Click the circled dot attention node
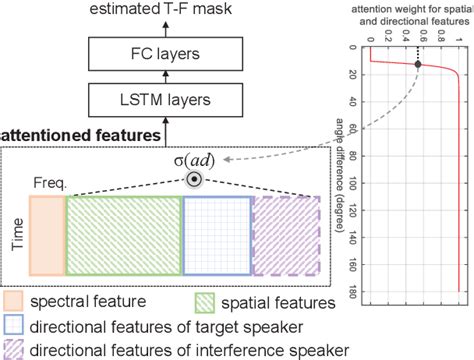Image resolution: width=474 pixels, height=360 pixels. coord(192,181)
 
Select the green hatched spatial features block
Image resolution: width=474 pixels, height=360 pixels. coord(123,234)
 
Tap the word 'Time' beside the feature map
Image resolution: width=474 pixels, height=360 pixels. coord(15,234)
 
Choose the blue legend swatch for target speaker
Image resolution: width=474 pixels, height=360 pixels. coord(14,326)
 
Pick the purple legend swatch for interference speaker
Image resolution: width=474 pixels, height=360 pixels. coord(14,349)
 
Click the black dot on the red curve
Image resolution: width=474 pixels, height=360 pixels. coord(418,65)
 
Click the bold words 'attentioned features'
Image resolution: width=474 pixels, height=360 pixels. coord(80,134)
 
